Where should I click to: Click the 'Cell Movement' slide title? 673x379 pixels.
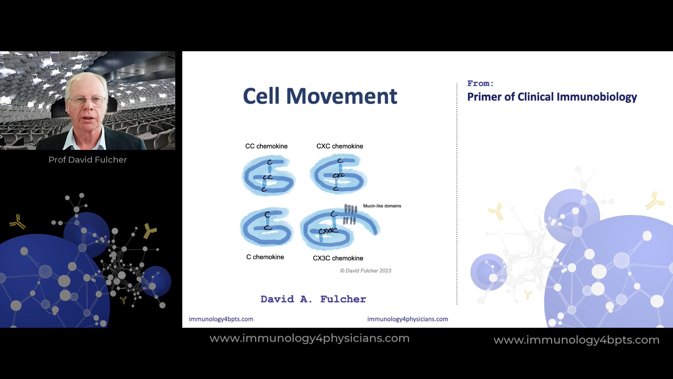point(320,96)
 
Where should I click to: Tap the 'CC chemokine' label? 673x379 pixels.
point(266,146)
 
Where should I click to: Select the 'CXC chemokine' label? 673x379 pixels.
point(340,146)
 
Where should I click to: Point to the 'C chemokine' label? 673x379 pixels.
point(265,257)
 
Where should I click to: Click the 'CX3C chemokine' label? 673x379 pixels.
point(338,258)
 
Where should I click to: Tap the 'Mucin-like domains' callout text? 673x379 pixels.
point(382,206)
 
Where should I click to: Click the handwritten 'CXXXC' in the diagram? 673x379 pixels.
point(328,231)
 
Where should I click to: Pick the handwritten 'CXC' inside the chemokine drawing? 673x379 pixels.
point(339,175)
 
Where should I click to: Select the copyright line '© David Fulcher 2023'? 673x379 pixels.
point(366,271)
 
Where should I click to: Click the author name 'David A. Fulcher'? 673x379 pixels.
point(313,299)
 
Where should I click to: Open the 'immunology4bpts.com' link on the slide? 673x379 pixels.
point(221,319)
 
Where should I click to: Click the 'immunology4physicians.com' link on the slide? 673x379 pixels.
point(408,319)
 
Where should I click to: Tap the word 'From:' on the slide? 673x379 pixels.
point(480,84)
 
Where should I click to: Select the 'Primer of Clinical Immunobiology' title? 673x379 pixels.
point(552,97)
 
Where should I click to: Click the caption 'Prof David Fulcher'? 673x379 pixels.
point(88,160)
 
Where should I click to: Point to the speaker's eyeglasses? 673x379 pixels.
point(87,100)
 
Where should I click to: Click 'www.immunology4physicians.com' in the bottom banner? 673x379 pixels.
point(310,338)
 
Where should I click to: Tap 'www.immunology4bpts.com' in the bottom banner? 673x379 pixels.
point(577,340)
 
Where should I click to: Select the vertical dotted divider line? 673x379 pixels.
point(457,193)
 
